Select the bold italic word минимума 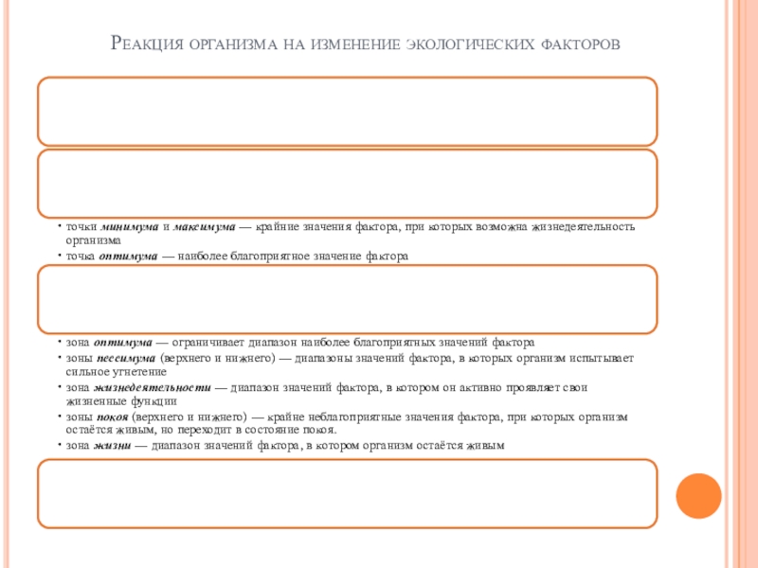129,228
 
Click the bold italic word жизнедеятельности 152,388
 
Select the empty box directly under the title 347,111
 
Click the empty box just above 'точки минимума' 347,183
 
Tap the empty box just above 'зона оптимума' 347,299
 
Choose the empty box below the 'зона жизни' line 347,493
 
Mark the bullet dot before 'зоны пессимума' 59,360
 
